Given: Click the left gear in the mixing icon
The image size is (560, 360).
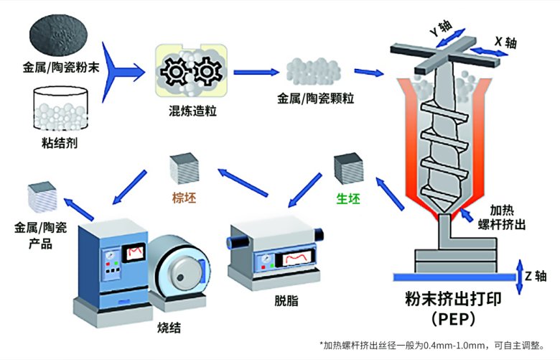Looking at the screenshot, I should (x=174, y=72).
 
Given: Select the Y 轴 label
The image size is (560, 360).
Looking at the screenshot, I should (x=439, y=30).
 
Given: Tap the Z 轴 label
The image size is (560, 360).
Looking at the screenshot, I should (x=536, y=275).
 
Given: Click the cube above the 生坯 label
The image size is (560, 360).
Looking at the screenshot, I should (x=349, y=169).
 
